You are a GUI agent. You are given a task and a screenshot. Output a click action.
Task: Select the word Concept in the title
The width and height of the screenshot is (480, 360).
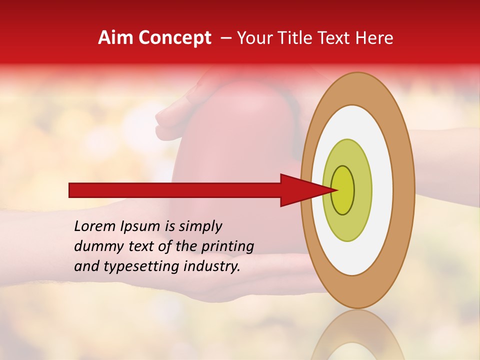(x=174, y=38)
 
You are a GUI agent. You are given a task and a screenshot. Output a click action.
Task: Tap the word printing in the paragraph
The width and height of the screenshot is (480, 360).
(x=227, y=246)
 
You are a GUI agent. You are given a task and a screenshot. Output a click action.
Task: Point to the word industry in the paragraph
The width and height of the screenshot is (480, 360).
(x=210, y=266)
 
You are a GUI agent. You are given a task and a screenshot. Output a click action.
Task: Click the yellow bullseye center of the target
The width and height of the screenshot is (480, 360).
(x=342, y=190)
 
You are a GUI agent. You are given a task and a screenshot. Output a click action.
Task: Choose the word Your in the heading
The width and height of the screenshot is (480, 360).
(x=252, y=38)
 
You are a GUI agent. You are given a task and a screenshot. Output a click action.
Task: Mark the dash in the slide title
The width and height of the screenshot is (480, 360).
(x=226, y=38)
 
